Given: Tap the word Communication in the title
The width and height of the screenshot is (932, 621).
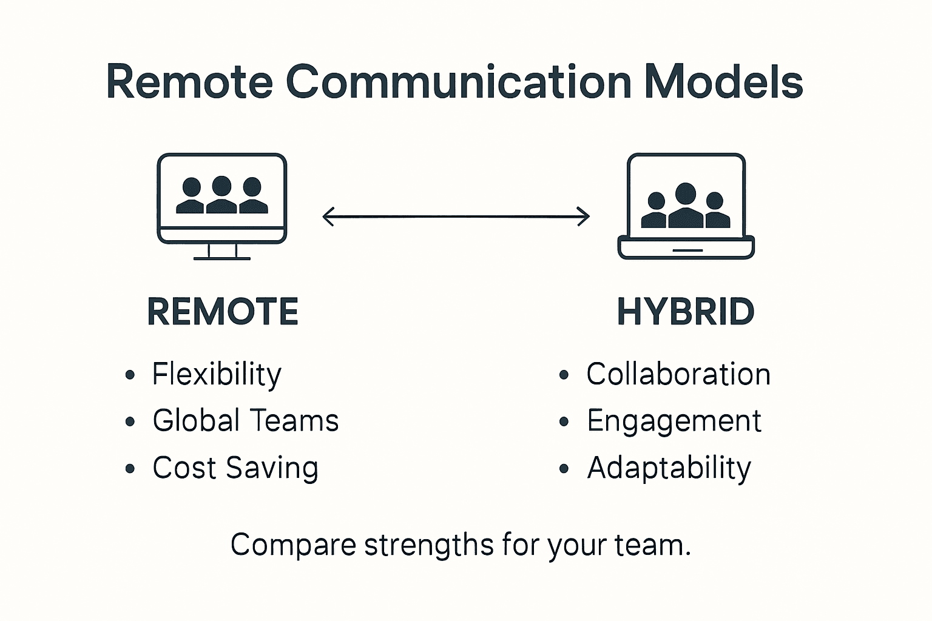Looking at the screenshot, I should [459, 82].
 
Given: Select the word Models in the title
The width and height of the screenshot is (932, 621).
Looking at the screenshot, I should [723, 82].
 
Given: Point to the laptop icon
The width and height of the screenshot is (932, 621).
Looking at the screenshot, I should [686, 206].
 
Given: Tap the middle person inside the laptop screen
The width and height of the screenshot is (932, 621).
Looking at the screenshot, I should [686, 206].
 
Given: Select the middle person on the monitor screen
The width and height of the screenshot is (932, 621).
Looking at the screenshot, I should [221, 195].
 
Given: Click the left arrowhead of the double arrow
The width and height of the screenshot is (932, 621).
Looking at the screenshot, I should [328, 216].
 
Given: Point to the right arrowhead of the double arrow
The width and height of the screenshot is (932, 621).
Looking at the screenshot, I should [584, 216].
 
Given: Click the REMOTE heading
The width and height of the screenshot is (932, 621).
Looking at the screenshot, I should [223, 312].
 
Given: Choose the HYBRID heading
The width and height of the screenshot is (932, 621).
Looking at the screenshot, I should [686, 312].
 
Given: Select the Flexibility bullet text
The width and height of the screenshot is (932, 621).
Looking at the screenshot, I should [217, 374].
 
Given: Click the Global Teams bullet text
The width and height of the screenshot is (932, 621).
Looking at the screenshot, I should [245, 421].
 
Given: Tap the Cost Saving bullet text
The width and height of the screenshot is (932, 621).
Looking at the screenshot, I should [235, 468].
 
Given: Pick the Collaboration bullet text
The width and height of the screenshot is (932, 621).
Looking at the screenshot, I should [678, 374].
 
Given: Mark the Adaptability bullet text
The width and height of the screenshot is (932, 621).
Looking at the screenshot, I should [669, 468].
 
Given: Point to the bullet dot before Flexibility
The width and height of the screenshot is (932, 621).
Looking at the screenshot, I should [129, 375].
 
